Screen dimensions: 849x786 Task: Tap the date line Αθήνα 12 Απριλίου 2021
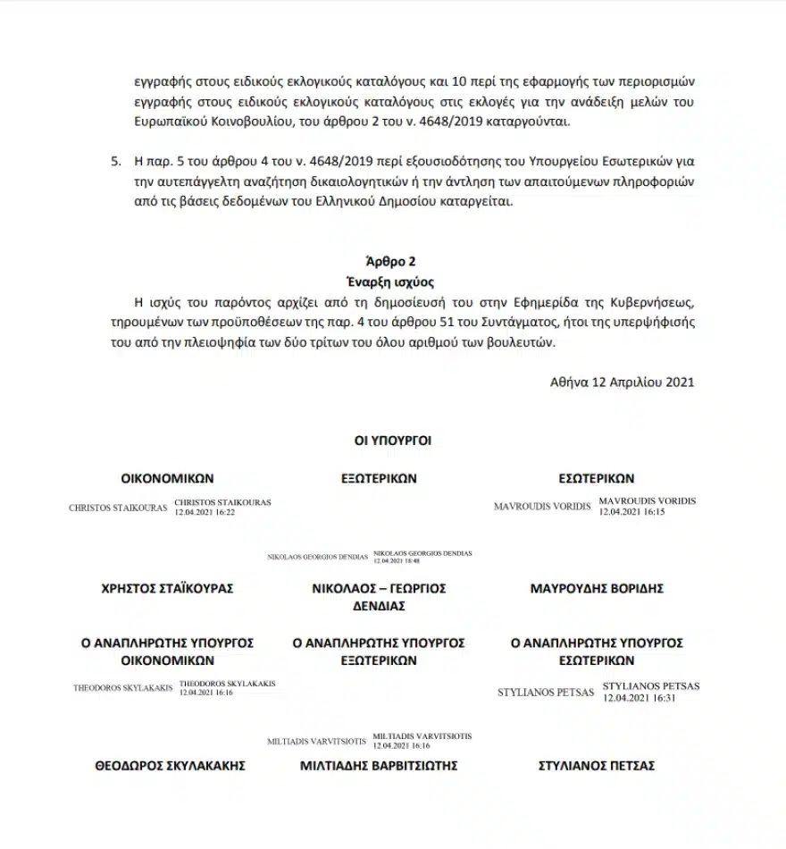point(623,382)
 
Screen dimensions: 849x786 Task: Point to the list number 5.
point(114,163)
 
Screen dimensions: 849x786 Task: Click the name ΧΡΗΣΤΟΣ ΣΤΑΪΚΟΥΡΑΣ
point(168,589)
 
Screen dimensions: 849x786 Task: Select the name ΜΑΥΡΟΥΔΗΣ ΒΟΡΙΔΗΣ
point(597,589)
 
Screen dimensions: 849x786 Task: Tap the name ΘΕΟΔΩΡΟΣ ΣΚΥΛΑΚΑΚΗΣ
point(170,766)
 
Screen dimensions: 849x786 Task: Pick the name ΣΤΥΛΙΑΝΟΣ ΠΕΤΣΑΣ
point(597,766)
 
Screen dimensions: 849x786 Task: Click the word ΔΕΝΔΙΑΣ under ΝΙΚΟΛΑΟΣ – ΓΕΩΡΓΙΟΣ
point(379,606)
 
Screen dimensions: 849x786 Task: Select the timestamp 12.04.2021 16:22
point(205,512)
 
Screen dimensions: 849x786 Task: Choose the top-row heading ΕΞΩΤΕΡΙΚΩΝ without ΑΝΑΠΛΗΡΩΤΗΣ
point(379,479)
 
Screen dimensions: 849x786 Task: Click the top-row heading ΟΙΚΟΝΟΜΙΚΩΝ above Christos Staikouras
point(168,479)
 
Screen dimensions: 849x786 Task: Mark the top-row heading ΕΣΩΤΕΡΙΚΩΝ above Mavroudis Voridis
point(596,479)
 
